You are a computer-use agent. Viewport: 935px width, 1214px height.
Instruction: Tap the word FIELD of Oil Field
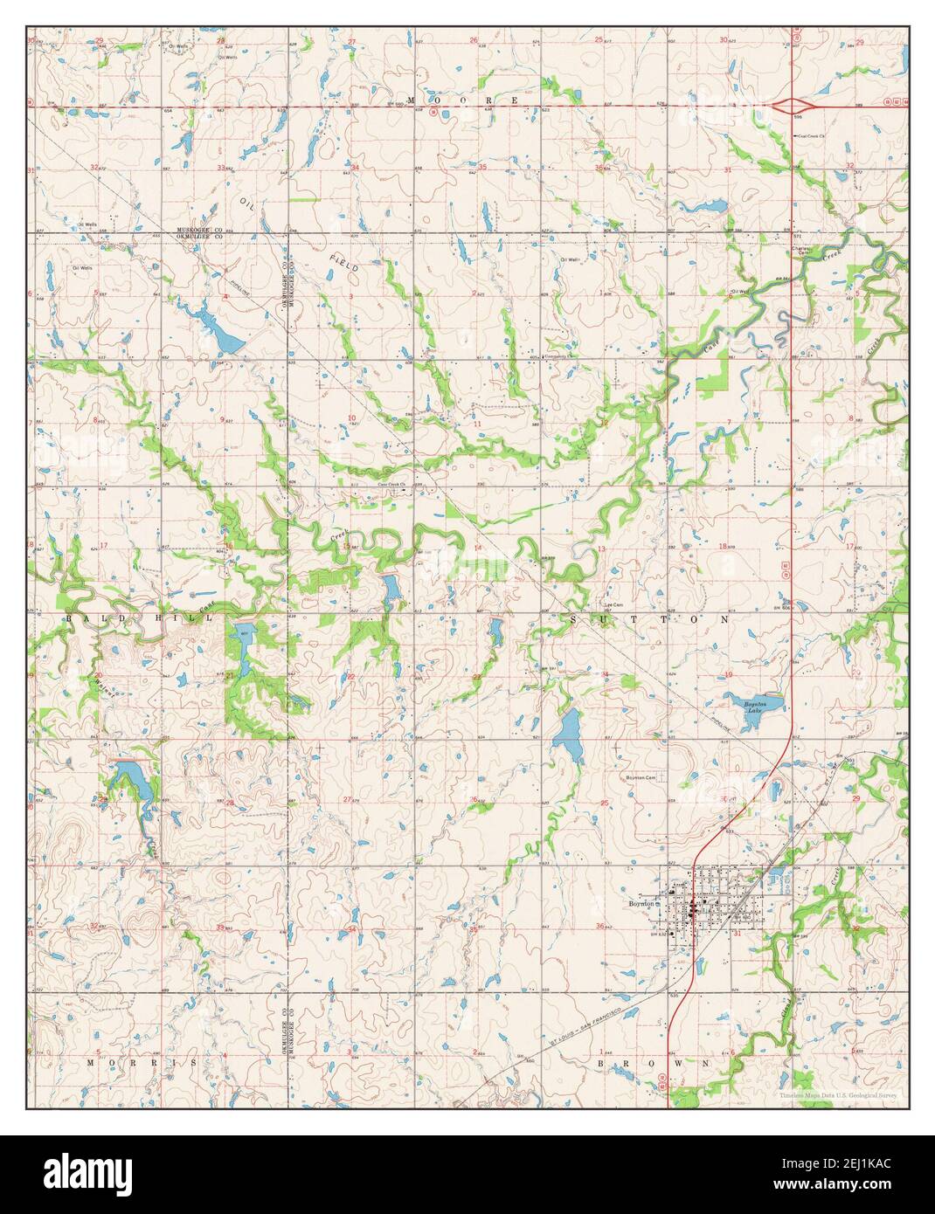click(343, 264)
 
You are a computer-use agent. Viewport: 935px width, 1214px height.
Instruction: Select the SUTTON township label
click(648, 618)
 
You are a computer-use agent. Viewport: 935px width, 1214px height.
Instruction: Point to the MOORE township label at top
click(465, 101)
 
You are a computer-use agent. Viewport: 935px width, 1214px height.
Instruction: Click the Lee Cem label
click(613, 604)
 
